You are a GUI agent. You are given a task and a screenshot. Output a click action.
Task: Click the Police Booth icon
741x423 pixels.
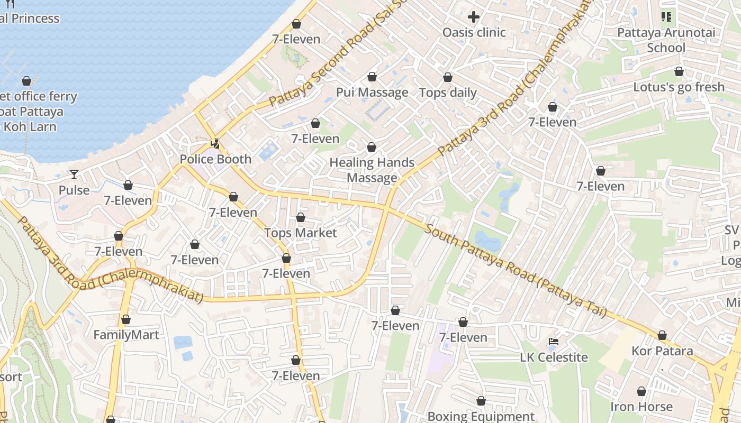(x=215, y=143)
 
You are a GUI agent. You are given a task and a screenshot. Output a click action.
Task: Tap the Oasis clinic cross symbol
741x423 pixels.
(x=474, y=17)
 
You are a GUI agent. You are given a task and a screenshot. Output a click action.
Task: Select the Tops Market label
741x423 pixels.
(x=300, y=233)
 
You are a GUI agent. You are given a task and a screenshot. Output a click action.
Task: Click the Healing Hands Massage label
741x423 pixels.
(x=372, y=170)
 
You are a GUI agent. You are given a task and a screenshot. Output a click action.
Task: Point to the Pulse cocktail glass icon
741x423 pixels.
(x=74, y=174)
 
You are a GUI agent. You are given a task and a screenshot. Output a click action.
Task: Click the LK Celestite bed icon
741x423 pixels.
(x=554, y=342)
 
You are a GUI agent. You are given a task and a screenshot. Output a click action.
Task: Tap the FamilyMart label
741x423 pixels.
(x=126, y=335)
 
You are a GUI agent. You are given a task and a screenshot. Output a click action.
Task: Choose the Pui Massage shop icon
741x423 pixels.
(x=372, y=77)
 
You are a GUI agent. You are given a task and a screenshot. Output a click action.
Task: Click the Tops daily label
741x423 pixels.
(x=448, y=93)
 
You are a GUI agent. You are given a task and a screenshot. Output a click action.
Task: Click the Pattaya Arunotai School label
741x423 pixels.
(x=666, y=40)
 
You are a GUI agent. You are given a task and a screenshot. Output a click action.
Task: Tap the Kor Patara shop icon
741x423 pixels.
(x=662, y=336)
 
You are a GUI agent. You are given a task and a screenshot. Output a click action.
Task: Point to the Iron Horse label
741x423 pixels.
(x=641, y=407)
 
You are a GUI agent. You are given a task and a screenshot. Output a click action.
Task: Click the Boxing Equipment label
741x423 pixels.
(x=481, y=416)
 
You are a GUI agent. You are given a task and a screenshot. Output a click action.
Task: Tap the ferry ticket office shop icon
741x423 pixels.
(x=26, y=81)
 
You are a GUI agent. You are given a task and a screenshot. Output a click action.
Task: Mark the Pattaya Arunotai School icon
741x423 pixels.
(x=666, y=17)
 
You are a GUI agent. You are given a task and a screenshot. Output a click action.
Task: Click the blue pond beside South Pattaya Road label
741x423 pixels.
(x=487, y=243)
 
